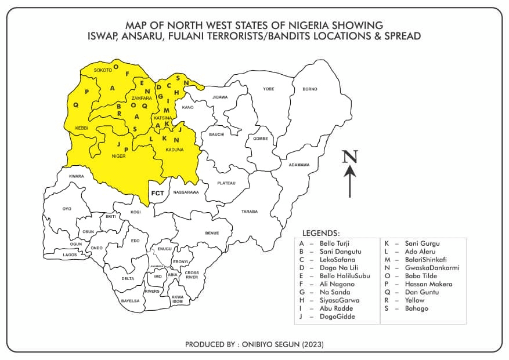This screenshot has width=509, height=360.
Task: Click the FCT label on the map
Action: (157, 192)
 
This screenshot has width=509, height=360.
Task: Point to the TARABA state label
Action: (250, 212)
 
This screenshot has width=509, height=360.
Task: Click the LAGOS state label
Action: (70, 254)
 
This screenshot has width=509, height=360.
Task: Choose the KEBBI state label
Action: (82, 128)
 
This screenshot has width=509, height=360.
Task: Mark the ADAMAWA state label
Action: (299, 165)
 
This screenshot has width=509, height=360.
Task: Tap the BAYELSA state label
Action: (129, 301)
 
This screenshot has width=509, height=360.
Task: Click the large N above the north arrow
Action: (349, 157)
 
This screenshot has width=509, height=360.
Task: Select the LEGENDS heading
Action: (321, 232)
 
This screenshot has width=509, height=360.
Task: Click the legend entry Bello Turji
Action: (336, 243)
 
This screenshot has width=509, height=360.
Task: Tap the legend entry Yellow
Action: (414, 300)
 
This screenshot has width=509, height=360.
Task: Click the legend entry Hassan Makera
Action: (428, 284)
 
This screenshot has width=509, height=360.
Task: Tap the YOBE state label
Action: (268, 89)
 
